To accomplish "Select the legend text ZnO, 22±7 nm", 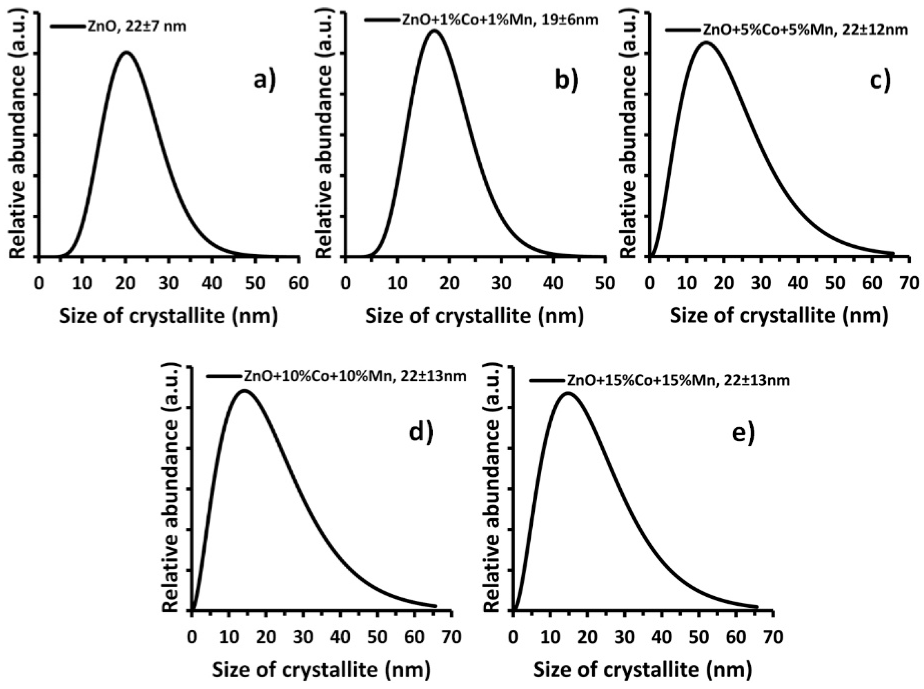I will [x=137, y=27].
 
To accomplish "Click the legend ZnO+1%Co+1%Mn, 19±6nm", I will [x=499, y=20].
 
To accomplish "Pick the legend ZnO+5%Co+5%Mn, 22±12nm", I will [x=805, y=30].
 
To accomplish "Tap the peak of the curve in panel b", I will [x=434, y=31].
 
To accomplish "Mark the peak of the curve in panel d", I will [x=244, y=391].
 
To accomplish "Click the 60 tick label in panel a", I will [x=298, y=283].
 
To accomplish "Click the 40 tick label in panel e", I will [x=662, y=637].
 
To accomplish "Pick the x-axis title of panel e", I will [x=643, y=670].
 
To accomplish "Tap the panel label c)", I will [x=880, y=80].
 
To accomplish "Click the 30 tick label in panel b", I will [x=501, y=283].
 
